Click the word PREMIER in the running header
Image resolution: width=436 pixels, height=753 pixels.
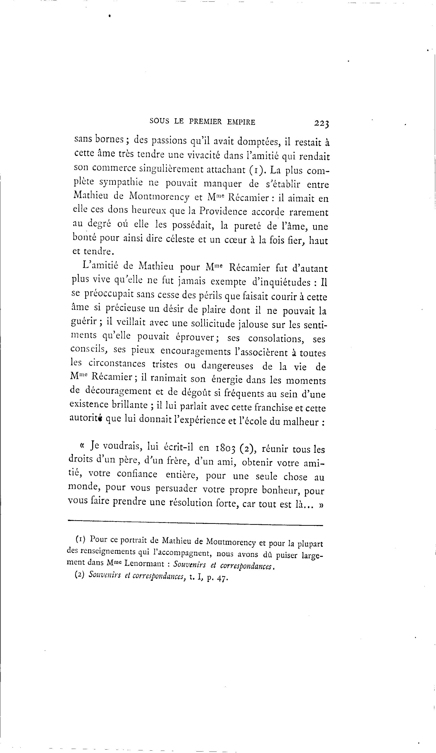[206, 122]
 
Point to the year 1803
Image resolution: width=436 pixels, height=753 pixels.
[226, 448]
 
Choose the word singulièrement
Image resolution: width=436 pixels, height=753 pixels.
[171, 169]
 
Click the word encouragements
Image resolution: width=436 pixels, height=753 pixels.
[195, 352]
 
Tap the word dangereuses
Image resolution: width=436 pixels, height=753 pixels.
[227, 366]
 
